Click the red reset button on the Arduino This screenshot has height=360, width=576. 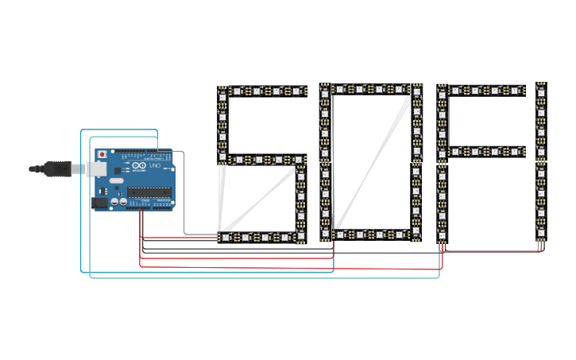102,153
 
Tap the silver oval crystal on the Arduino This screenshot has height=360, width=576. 117,181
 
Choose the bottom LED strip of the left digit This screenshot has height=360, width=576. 262,237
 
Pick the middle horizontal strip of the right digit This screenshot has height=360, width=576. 486,150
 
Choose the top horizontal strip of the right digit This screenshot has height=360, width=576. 486,91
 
